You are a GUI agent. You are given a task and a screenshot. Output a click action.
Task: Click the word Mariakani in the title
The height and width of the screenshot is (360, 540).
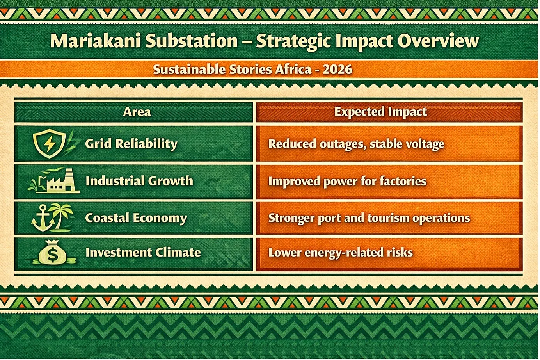(95, 41)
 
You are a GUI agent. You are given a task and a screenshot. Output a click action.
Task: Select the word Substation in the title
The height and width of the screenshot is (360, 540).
(192, 41)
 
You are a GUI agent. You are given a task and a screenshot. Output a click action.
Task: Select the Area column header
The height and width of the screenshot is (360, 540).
(137, 112)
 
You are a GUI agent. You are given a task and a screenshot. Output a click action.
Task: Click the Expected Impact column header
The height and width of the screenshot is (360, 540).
(380, 112)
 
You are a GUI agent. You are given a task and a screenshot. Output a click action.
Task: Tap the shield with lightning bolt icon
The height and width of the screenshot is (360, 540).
(50, 144)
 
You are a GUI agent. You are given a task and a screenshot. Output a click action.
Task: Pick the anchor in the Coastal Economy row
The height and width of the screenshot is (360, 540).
(43, 218)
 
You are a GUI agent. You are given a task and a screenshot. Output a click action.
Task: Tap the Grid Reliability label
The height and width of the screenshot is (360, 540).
(131, 144)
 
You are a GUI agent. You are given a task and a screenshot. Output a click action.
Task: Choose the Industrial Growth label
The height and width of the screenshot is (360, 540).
(139, 181)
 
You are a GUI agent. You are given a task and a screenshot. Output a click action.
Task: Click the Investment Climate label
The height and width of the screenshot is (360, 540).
(143, 252)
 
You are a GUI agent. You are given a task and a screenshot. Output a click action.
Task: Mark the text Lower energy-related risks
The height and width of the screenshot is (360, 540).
(340, 253)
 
